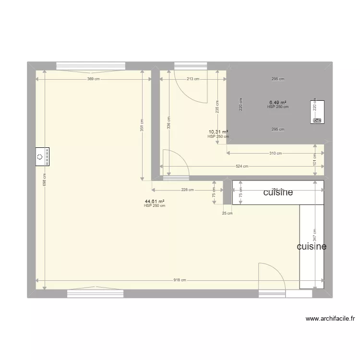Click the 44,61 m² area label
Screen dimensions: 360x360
pyautogui.click(x=155, y=202)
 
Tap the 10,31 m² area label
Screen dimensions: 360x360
pyautogui.click(x=218, y=132)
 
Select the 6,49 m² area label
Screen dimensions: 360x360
pyautogui.click(x=277, y=102)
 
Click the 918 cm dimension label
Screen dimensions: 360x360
pyautogui.click(x=180, y=280)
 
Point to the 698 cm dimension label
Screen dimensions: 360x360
pyautogui.click(x=44, y=180)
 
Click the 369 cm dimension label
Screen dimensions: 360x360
pyautogui.click(x=94, y=79)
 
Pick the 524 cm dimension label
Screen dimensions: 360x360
pyautogui.click(x=242, y=167)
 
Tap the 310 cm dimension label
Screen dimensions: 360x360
pyautogui.click(x=276, y=153)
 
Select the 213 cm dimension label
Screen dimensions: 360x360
pyautogui.click(x=193, y=79)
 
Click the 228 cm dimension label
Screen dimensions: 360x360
pyautogui.click(x=188, y=190)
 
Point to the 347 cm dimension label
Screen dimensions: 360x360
pyautogui.click(x=315, y=235)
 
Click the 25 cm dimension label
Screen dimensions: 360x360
pyautogui.click(x=227, y=214)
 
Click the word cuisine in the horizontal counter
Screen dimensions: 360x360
pyautogui.click(x=278, y=192)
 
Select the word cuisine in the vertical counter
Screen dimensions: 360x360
pyautogui.click(x=312, y=246)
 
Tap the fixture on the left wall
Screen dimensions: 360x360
pyautogui.click(x=42, y=157)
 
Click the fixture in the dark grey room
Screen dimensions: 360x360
pyautogui.click(x=317, y=112)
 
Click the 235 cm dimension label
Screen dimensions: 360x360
pyautogui.click(x=217, y=106)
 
